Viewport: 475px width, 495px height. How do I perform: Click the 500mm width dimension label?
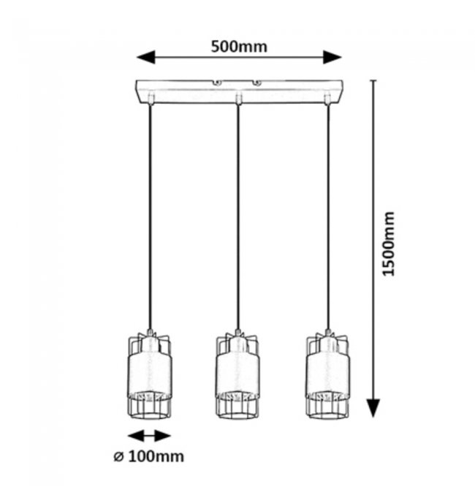point(239,47)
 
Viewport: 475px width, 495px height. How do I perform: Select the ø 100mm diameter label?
point(148,458)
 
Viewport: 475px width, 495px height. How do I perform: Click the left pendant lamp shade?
point(149,373)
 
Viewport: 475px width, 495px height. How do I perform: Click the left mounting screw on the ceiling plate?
point(217,83)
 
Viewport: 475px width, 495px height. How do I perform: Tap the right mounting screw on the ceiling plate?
point(256,83)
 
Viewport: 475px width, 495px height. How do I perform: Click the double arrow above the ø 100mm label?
point(149,436)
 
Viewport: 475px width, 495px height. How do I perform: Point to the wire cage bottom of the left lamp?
point(149,405)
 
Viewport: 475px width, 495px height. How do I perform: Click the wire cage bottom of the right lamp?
point(327,406)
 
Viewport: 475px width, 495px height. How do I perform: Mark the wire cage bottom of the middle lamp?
point(237,406)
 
